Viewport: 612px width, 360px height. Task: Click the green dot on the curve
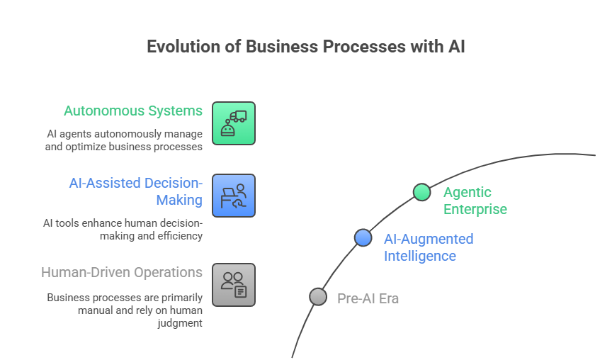(421, 192)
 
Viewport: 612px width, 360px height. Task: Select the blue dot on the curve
(363, 238)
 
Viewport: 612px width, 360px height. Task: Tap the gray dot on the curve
(318, 297)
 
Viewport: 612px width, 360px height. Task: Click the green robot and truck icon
(234, 123)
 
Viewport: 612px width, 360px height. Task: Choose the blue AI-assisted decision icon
(234, 196)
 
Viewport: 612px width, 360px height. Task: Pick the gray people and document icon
(234, 285)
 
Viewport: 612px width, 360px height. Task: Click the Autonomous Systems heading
(133, 111)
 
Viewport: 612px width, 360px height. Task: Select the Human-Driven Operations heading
(122, 273)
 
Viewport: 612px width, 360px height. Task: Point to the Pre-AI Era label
(368, 298)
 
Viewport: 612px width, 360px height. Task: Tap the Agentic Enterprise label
(475, 201)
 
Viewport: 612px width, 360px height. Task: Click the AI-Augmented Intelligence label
(428, 247)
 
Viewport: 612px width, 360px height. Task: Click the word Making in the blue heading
(179, 201)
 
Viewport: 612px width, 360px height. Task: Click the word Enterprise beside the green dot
(475, 209)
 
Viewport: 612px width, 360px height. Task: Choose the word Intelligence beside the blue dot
(420, 255)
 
